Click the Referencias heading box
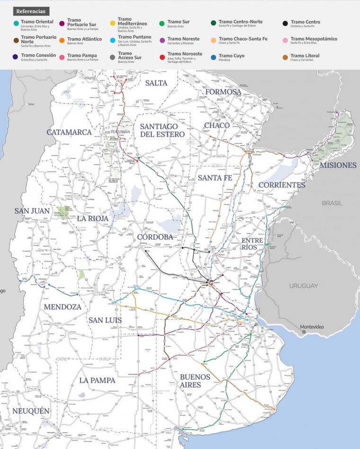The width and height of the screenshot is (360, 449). (31, 10)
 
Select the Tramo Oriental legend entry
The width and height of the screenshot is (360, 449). (37, 22)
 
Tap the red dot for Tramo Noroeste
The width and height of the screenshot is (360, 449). (162, 57)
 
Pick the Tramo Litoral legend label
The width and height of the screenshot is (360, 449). (305, 56)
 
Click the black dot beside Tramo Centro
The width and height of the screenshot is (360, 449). (285, 23)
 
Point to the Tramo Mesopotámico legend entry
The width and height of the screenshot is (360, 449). (314, 39)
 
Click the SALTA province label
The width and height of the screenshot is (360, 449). (156, 83)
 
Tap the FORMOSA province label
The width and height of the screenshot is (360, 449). (223, 91)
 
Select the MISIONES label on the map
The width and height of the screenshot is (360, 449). (338, 165)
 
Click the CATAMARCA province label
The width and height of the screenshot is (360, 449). (69, 132)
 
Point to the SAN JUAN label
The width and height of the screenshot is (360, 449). (32, 211)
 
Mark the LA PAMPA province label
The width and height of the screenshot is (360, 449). (98, 380)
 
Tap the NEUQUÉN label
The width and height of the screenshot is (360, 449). (31, 411)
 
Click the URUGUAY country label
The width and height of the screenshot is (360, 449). (304, 286)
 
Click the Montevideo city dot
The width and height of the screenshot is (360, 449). (304, 332)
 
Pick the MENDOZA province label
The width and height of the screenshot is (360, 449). (63, 307)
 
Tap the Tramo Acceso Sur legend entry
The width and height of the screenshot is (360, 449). (128, 57)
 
